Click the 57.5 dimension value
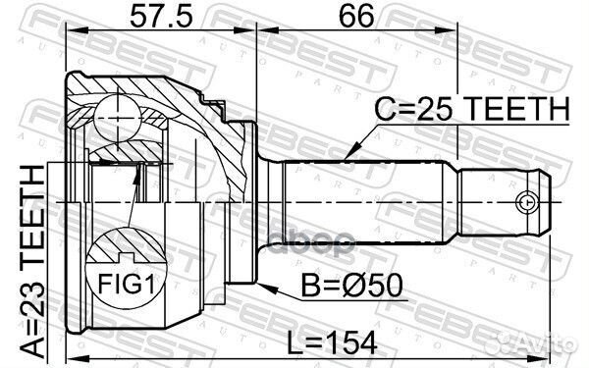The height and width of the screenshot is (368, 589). tap(162, 16)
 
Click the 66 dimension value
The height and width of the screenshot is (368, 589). tap(356, 16)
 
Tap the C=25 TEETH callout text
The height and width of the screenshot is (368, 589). tap(472, 108)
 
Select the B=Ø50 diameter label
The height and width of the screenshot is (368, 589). tap(352, 286)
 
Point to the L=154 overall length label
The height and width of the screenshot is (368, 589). tap(332, 342)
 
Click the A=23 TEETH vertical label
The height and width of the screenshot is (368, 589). tap(32, 262)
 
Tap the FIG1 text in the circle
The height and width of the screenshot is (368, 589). tap(127, 284)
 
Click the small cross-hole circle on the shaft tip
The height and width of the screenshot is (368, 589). tap(527, 203)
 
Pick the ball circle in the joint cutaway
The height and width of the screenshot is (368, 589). tap(118, 119)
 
